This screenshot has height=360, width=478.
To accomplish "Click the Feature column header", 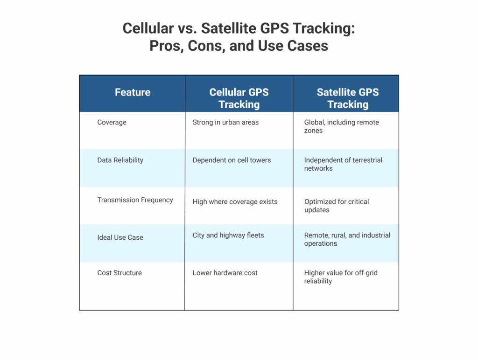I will [x=133, y=92].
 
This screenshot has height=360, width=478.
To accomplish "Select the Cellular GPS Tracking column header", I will [x=239, y=98].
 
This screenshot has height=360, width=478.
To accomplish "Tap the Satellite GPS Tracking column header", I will [x=347, y=98].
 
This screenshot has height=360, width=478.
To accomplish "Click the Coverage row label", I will [x=112, y=122].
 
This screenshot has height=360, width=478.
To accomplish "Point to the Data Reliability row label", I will [x=120, y=160].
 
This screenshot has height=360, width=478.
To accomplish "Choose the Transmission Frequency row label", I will [x=135, y=200].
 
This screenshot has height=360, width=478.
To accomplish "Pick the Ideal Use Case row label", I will [x=120, y=237].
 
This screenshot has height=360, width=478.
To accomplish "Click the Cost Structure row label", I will [x=119, y=273].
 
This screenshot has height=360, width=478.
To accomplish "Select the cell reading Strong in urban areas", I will [x=225, y=122].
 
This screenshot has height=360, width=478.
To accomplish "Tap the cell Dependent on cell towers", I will [x=232, y=160].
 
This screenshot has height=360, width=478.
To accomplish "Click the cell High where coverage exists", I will [x=235, y=202].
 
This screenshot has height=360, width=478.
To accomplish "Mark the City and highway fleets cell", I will [x=228, y=235].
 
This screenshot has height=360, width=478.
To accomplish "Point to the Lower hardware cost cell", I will [x=225, y=273].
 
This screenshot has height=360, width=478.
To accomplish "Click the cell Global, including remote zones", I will [x=341, y=126].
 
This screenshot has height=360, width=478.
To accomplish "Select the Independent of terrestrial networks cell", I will [x=343, y=164].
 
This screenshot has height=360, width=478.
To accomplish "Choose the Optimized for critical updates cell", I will [x=337, y=206].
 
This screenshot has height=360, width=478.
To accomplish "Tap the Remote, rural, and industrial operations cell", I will [x=347, y=239].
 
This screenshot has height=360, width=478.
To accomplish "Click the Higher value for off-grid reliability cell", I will [x=341, y=277].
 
